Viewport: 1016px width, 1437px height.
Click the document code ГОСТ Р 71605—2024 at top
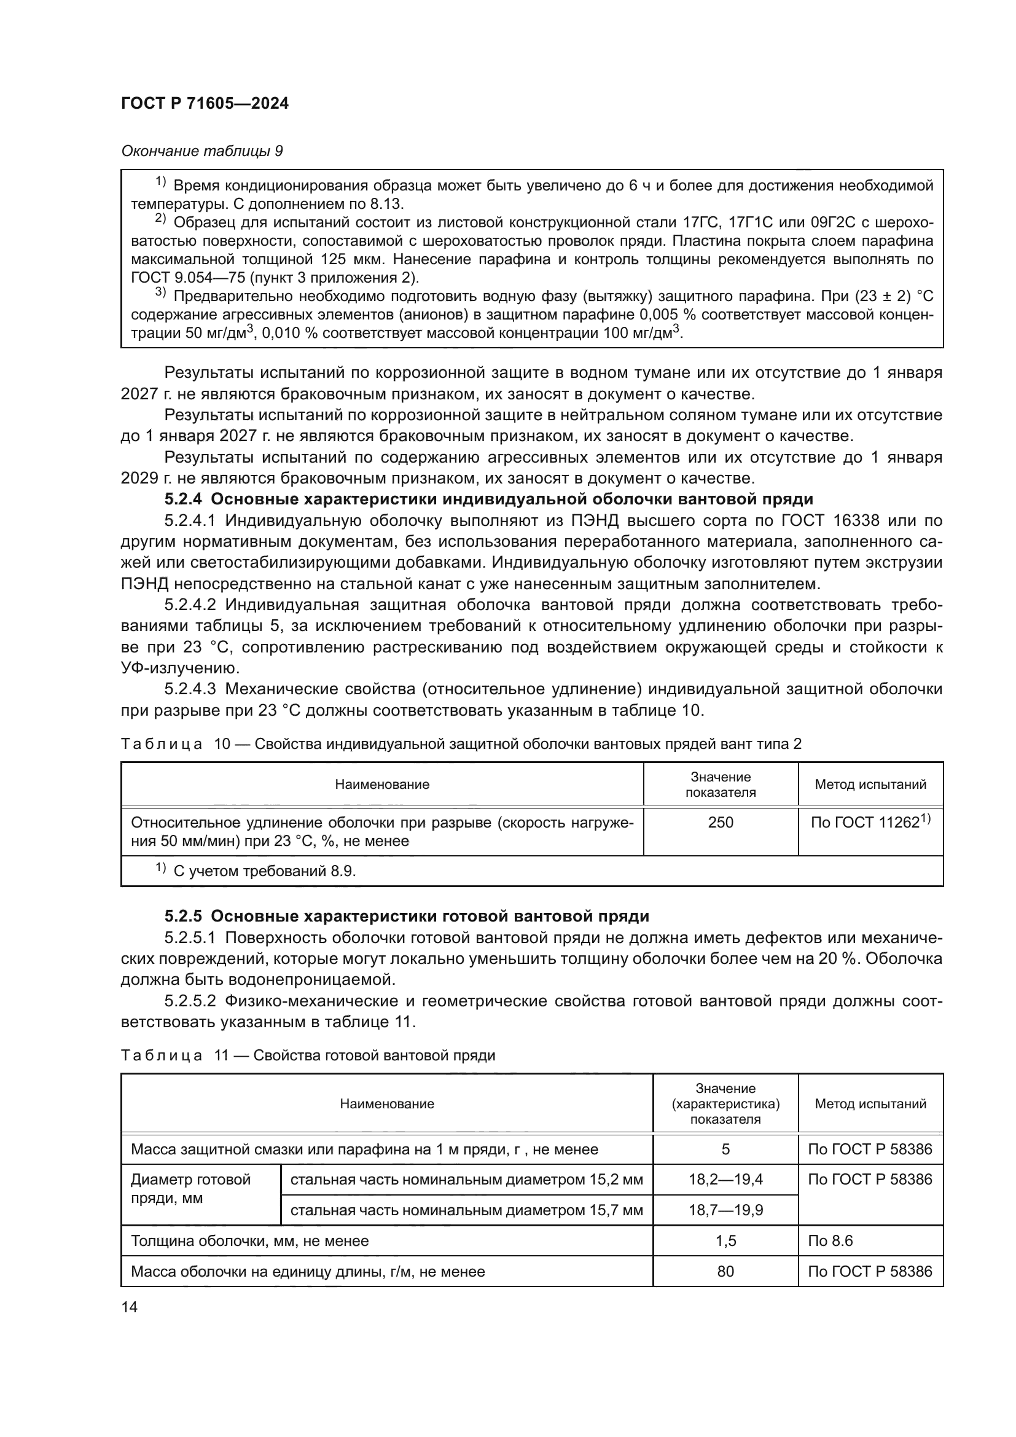click(x=205, y=104)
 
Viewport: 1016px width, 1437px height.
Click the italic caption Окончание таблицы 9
click(x=201, y=152)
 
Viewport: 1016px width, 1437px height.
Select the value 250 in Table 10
click(x=720, y=823)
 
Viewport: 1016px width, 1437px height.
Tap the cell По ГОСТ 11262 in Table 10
click(x=870, y=823)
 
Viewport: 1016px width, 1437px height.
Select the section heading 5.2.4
click(x=488, y=499)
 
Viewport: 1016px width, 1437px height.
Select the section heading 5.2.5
click(x=407, y=916)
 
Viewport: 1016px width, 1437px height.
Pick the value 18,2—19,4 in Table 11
click(x=725, y=1180)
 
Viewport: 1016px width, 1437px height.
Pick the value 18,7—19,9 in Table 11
click(x=725, y=1210)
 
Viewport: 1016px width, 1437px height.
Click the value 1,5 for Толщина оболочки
click(x=725, y=1240)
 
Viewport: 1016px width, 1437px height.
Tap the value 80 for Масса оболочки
click(x=725, y=1271)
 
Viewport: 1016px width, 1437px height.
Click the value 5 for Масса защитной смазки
click(x=725, y=1149)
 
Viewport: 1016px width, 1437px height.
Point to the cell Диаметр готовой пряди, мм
click(x=190, y=1189)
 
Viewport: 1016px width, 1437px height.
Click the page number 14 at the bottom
click(x=130, y=1307)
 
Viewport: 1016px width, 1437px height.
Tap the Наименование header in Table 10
click(x=381, y=785)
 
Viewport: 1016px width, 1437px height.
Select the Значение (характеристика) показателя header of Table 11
click(x=725, y=1103)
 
